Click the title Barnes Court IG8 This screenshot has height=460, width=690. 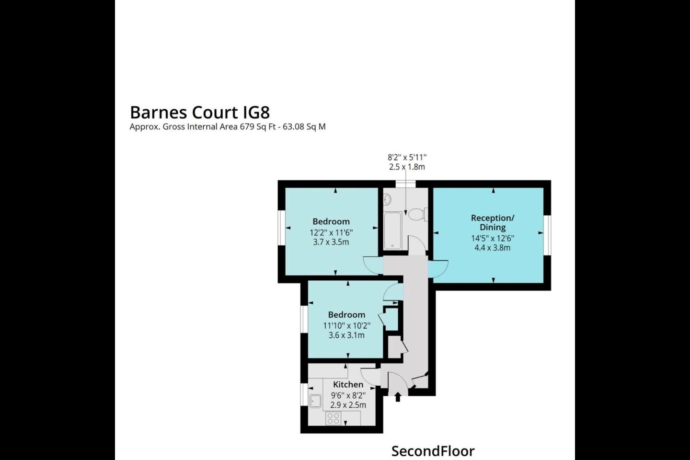(x=200, y=113)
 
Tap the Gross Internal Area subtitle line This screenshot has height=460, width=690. (x=227, y=127)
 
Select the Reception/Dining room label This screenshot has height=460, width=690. (x=493, y=222)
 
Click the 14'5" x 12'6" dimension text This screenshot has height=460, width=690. (x=493, y=238)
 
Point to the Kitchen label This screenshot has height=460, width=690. (x=348, y=384)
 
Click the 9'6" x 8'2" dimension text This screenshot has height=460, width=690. (x=348, y=395)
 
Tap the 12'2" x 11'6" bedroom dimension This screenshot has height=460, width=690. (x=331, y=232)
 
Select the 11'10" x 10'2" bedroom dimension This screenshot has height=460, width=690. (x=346, y=325)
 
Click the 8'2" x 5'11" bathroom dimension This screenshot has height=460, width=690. (x=407, y=158)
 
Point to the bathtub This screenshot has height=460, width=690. (x=393, y=230)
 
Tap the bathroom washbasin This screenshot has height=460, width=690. (x=387, y=200)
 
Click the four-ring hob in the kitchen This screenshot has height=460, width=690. (x=333, y=418)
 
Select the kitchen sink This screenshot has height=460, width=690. (x=315, y=401)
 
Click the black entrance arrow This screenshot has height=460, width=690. (x=398, y=397)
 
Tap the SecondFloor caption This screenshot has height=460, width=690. (x=433, y=451)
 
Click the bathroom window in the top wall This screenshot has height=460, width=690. (x=406, y=184)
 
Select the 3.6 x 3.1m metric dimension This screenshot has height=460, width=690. (x=346, y=335)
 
